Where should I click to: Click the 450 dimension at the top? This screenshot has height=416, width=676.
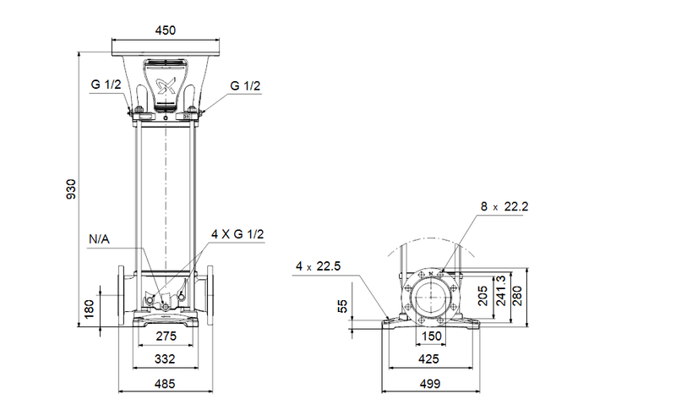click(165, 30)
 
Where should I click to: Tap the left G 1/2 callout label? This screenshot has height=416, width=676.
click(106, 85)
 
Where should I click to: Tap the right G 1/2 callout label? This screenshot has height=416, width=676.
click(244, 85)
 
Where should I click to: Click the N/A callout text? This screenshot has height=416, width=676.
click(100, 239)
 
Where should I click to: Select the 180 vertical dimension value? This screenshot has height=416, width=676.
click(90, 309)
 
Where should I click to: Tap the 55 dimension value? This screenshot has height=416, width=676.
click(342, 305)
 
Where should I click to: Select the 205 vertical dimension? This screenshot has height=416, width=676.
click(482, 295)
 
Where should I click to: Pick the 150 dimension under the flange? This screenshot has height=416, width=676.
click(432, 337)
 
